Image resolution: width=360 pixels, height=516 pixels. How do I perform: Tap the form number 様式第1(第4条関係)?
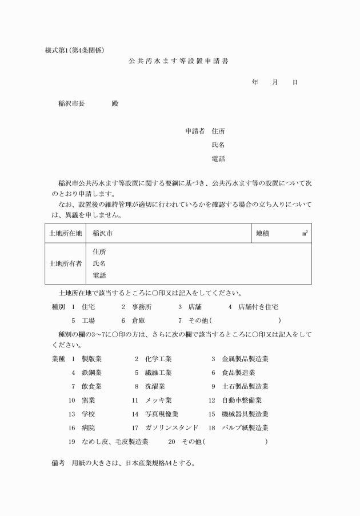pyautogui.click(x=74, y=49)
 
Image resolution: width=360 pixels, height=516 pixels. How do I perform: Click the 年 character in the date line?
pyautogui.click(x=255, y=82)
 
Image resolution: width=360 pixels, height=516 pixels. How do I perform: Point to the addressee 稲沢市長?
pyautogui.click(x=71, y=104)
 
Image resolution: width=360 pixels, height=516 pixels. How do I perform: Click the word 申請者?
pyautogui.click(x=195, y=131)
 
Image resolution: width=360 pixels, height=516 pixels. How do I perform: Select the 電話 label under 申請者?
pyautogui.click(x=218, y=159)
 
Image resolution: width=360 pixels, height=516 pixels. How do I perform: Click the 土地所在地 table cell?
pyautogui.click(x=65, y=233)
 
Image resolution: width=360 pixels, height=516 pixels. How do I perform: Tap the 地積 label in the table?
pyautogui.click(x=263, y=233)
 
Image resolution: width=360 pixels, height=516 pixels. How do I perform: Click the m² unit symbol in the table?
pyautogui.click(x=306, y=233)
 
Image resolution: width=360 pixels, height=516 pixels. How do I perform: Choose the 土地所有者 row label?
pyautogui.click(x=65, y=264)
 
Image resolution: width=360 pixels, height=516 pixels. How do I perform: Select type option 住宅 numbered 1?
pyautogui.click(x=89, y=307)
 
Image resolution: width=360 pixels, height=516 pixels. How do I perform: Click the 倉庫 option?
pyautogui.click(x=139, y=321)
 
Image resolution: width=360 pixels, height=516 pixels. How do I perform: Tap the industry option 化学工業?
pyautogui.click(x=158, y=359)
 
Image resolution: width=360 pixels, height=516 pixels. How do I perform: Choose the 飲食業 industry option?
pyautogui.click(x=91, y=386)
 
